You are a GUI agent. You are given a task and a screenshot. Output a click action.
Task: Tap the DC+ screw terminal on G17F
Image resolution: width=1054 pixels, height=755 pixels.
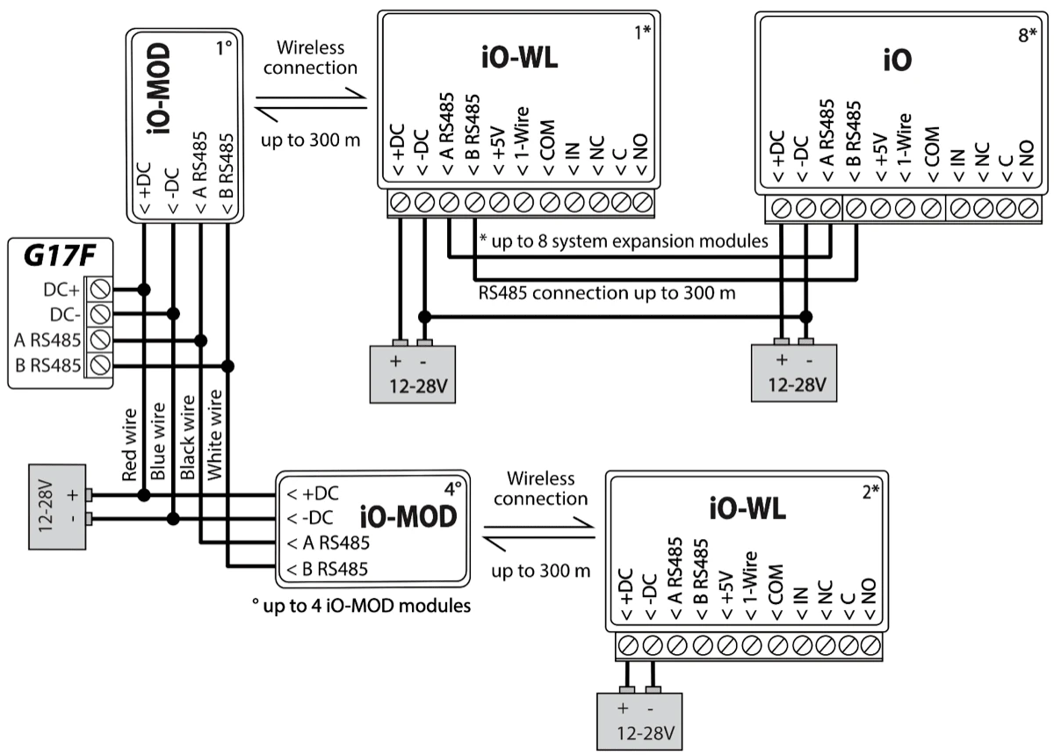pos(100,289)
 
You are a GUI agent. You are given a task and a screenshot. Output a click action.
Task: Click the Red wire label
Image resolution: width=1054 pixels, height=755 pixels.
pos(130,444)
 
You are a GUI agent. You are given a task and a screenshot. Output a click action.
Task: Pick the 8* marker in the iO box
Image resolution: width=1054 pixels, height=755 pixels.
pos(1027,40)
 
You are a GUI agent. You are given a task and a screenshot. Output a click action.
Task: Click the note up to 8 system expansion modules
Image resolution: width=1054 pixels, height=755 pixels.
pos(625,240)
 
